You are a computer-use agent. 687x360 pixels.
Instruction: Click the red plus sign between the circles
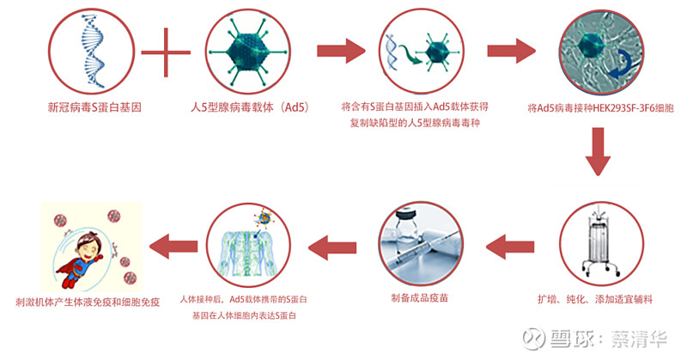click(x=166, y=52)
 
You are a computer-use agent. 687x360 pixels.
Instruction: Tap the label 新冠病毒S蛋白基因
click(x=94, y=107)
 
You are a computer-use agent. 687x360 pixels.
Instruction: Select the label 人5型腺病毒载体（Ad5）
click(x=250, y=107)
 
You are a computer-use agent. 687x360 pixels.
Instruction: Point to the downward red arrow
click(x=598, y=152)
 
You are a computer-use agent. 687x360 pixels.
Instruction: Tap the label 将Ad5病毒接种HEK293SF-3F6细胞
click(x=600, y=108)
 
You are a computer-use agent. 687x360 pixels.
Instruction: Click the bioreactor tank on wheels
click(x=601, y=245)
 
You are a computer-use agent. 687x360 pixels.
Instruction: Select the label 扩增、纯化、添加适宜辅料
click(x=595, y=300)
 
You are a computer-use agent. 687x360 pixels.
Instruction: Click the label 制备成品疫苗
click(x=419, y=298)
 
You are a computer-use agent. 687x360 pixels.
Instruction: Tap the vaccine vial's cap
click(x=405, y=215)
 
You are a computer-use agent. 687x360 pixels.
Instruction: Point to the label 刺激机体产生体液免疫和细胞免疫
click(x=88, y=302)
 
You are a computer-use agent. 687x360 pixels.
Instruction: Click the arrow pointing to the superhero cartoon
click(x=173, y=247)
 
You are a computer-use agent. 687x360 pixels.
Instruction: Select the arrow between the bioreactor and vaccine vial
click(x=510, y=247)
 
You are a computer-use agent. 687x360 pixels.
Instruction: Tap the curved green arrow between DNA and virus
click(x=410, y=53)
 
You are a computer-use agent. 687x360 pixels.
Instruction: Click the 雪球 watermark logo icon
click(x=534, y=339)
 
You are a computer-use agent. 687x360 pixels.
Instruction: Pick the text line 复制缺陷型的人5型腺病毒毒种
click(x=415, y=123)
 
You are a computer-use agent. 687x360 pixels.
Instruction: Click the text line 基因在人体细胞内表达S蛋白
click(x=244, y=315)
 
